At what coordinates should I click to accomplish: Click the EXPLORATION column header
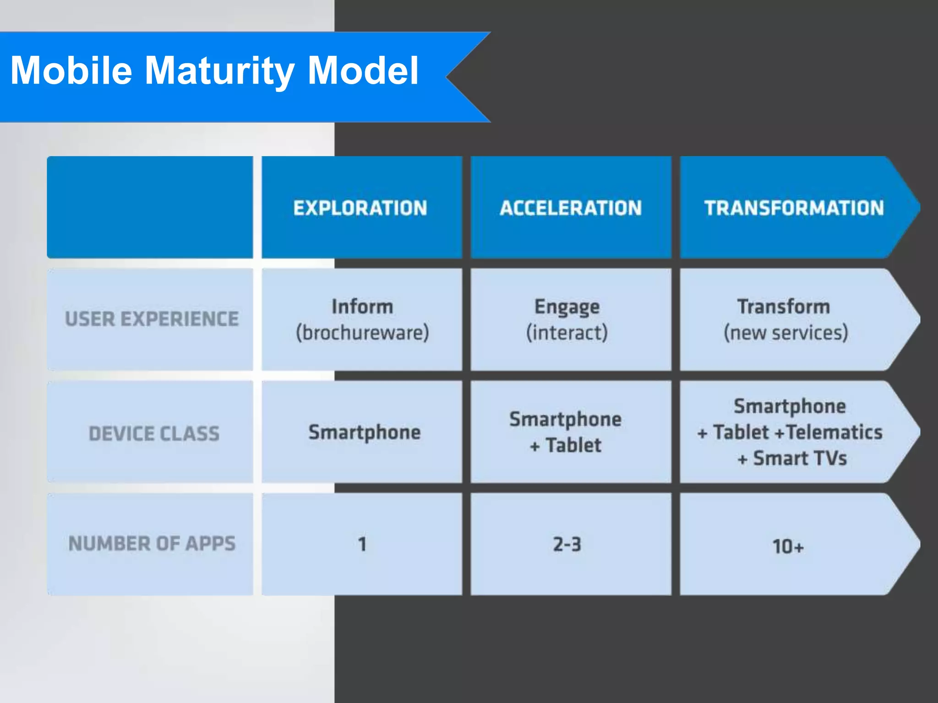(360, 208)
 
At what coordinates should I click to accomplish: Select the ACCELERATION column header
(571, 208)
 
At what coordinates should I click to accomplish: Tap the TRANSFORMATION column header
(794, 208)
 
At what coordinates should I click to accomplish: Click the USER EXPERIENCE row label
(152, 319)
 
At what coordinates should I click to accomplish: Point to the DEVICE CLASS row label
(154, 433)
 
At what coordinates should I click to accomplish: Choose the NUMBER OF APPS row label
(152, 544)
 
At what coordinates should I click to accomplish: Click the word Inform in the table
(362, 306)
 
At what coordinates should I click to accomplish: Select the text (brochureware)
(362, 333)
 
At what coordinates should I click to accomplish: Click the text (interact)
(567, 333)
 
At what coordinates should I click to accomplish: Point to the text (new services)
(786, 333)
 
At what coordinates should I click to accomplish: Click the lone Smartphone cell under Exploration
(364, 433)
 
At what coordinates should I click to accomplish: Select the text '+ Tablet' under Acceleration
(566, 445)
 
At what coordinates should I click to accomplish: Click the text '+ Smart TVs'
(792, 458)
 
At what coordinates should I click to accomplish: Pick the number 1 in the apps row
(362, 544)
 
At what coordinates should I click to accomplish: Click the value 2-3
(567, 544)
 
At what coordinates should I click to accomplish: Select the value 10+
(788, 546)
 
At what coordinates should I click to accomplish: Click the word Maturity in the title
(219, 71)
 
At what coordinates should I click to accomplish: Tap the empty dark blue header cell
(150, 207)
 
